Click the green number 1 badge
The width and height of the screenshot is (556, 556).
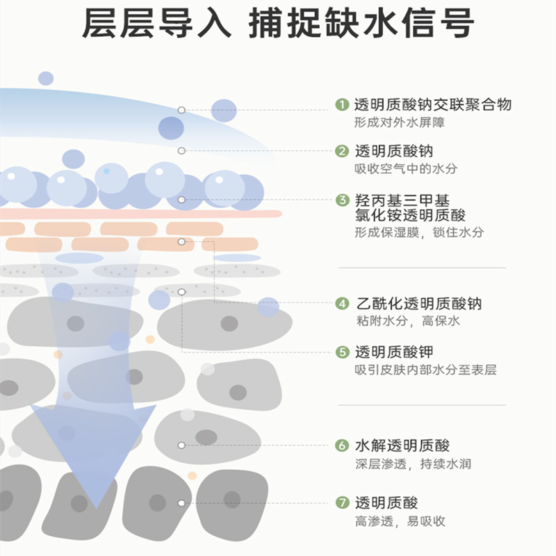(341, 105)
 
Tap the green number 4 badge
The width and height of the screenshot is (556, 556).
(341, 304)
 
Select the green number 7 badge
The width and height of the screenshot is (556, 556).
(341, 503)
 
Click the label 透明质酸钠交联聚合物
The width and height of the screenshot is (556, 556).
(433, 105)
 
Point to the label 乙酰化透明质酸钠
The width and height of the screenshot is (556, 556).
(418, 304)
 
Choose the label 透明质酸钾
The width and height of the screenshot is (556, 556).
(394, 352)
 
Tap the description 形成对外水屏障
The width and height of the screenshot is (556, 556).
(399, 123)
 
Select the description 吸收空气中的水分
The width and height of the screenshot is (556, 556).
(407, 169)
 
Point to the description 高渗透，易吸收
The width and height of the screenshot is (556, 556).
(400, 521)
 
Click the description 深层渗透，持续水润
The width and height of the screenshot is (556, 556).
(413, 464)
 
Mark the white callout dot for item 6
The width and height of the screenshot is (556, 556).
(182, 445)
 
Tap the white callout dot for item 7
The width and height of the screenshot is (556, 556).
(181, 502)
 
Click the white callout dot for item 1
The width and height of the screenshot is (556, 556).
(181, 110)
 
